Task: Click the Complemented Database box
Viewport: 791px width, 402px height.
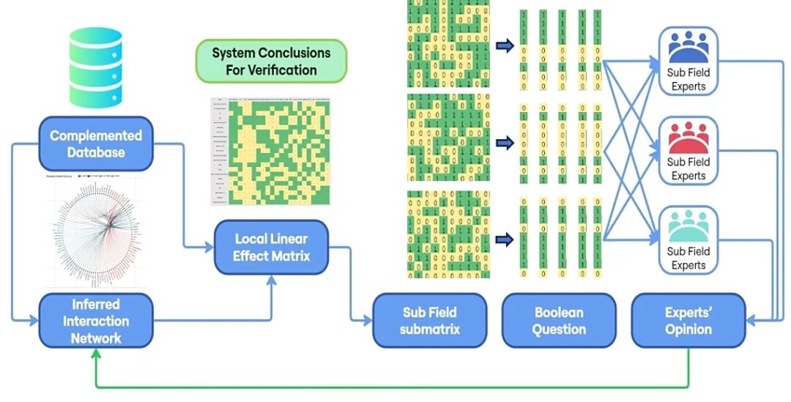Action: tap(96, 144)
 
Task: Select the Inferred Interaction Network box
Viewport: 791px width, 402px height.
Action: tap(96, 321)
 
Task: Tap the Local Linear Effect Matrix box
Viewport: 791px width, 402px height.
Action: tap(271, 247)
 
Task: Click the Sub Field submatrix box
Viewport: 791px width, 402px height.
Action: tap(430, 320)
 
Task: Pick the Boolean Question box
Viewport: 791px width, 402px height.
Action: tap(558, 320)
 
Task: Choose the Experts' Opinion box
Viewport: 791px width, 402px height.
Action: tap(688, 320)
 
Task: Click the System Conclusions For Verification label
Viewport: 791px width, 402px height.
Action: tap(271, 62)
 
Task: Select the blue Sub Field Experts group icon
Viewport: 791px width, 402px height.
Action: tap(688, 47)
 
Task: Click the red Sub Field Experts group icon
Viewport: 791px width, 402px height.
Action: tap(688, 137)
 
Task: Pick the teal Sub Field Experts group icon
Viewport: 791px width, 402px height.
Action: tap(688, 226)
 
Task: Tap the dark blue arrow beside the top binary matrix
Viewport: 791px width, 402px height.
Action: tap(505, 46)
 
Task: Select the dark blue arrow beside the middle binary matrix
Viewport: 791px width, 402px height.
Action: tap(505, 142)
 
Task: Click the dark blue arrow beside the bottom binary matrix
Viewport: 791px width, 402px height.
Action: tap(505, 238)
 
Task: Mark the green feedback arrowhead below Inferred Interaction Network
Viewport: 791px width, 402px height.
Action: tap(96, 354)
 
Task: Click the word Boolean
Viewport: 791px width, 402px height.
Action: tap(559, 312)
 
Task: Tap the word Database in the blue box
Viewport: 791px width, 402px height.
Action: tap(96, 153)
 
